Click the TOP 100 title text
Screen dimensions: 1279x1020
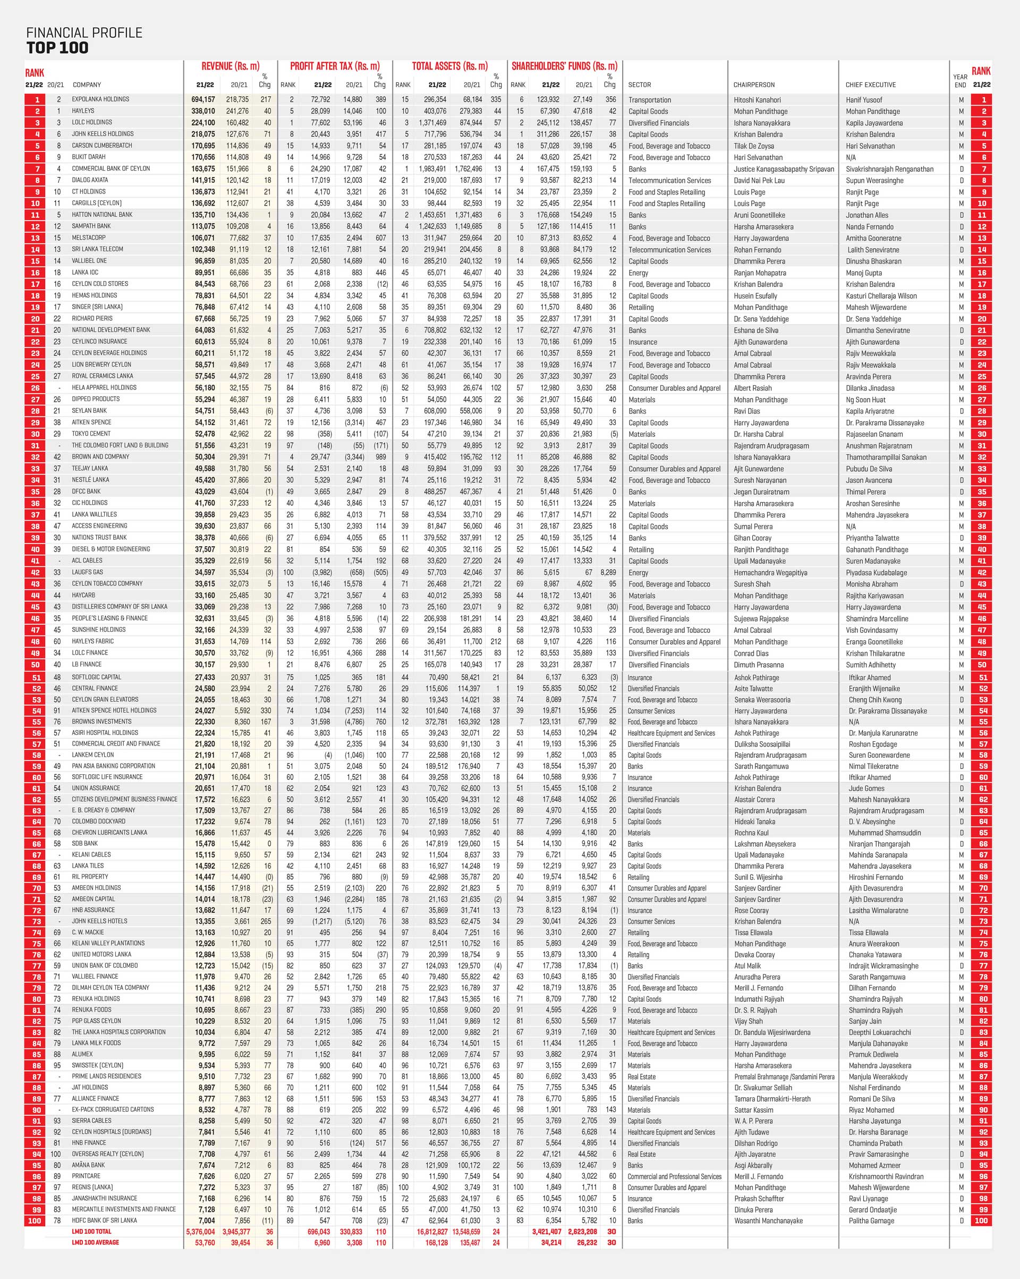pyautogui.click(x=57, y=48)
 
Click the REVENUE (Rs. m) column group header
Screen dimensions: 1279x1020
pyautogui.click(x=230, y=66)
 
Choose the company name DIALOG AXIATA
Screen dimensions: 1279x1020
pyautogui.click(x=90, y=180)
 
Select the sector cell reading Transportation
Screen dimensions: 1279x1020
pyautogui.click(x=649, y=100)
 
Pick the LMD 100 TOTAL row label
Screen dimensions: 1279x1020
pyautogui.click(x=91, y=1232)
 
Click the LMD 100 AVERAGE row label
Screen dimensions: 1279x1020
pyautogui.click(x=96, y=1242)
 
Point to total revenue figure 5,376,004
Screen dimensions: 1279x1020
pyautogui.click(x=200, y=1232)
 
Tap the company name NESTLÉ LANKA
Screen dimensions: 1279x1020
pyautogui.click(x=90, y=480)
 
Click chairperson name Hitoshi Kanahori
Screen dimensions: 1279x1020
pyautogui.click(x=756, y=100)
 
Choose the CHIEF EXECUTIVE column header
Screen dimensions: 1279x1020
pyautogui.click(x=870, y=85)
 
